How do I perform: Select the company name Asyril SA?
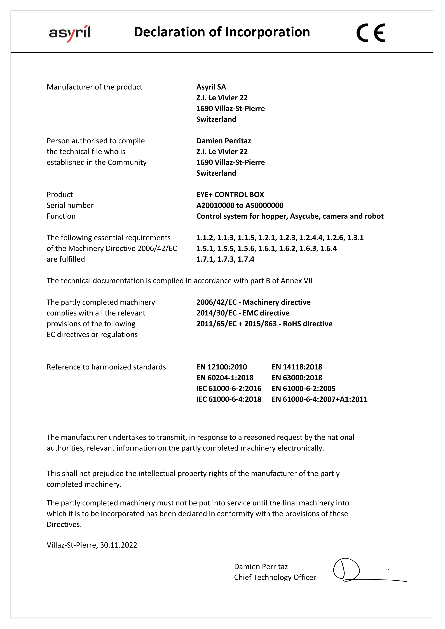(x=211, y=87)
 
